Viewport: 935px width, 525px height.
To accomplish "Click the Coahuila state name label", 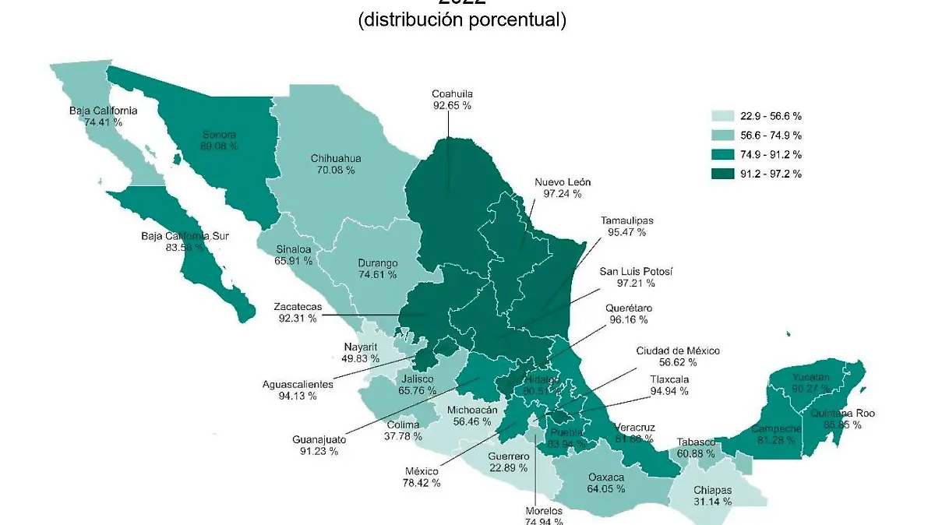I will click(x=453, y=94).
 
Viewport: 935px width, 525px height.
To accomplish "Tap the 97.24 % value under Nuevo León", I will click(x=557, y=194).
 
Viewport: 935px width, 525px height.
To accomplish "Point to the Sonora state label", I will click(x=220, y=133).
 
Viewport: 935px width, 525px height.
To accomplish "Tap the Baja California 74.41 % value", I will click(x=103, y=122).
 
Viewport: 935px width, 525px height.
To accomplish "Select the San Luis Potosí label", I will click(x=635, y=271).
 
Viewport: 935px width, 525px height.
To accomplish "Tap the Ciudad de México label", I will click(x=677, y=351).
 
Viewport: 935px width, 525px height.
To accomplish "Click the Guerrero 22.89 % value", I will click(x=508, y=468).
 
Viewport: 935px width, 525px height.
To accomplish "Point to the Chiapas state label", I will click(x=711, y=490).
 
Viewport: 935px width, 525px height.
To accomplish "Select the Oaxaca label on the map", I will click(x=606, y=477).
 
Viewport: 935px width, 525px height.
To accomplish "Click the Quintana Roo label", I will click(x=842, y=414).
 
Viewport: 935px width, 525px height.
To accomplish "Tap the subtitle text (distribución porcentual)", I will click(x=462, y=20).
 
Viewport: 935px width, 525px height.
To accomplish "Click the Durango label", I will click(x=377, y=262).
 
